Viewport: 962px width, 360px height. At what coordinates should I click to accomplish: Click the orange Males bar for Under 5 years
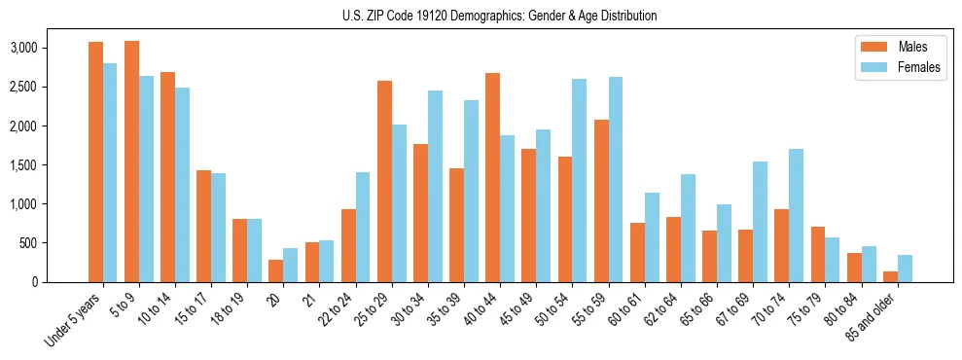click(95, 162)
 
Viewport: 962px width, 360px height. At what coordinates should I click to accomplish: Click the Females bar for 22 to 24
click(363, 227)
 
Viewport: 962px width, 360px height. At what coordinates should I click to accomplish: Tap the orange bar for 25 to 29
click(384, 181)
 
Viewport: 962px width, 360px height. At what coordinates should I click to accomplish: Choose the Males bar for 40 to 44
click(492, 177)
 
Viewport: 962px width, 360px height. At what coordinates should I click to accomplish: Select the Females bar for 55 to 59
click(616, 179)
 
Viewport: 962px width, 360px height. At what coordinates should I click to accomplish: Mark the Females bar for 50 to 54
click(579, 180)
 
